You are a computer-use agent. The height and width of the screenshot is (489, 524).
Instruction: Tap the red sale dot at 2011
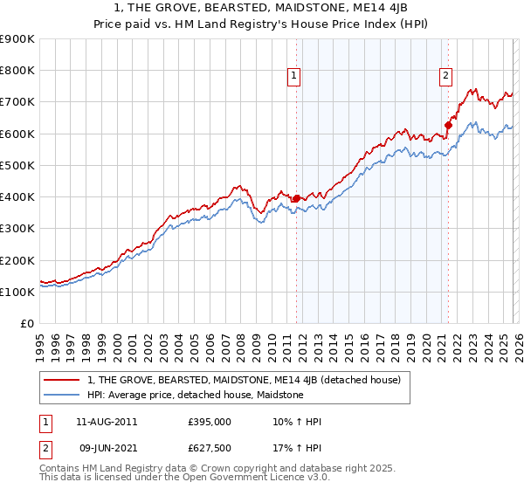click(x=296, y=198)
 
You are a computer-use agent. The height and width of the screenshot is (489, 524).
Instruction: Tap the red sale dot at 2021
click(x=448, y=125)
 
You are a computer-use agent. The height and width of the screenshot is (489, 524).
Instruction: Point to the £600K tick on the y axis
click(x=17, y=134)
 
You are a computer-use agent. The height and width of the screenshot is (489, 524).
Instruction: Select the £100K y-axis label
click(x=17, y=292)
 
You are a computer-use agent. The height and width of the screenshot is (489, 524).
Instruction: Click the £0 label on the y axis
click(x=26, y=323)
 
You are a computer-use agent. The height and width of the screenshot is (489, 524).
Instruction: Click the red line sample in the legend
click(x=63, y=380)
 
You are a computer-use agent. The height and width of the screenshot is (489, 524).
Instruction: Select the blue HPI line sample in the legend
click(x=63, y=395)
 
